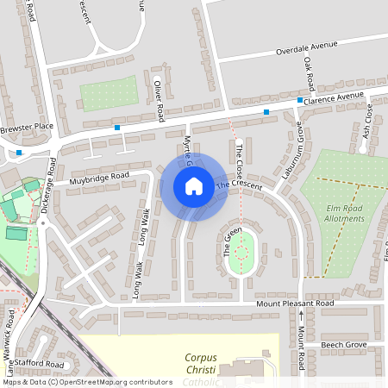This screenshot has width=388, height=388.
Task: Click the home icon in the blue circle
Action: click(194, 186)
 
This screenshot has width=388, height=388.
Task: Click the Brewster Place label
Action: click(27, 128)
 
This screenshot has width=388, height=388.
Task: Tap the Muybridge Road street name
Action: click(99, 177)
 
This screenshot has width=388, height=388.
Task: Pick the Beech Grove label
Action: click(344, 344)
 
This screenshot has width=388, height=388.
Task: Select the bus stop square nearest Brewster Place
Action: click(19, 153)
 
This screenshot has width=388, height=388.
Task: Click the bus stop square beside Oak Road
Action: click(300, 101)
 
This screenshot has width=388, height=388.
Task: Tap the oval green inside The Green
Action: click(242, 251)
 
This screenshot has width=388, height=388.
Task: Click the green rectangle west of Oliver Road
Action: click(110, 91)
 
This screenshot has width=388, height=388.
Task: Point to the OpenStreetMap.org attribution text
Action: click(86, 381)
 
